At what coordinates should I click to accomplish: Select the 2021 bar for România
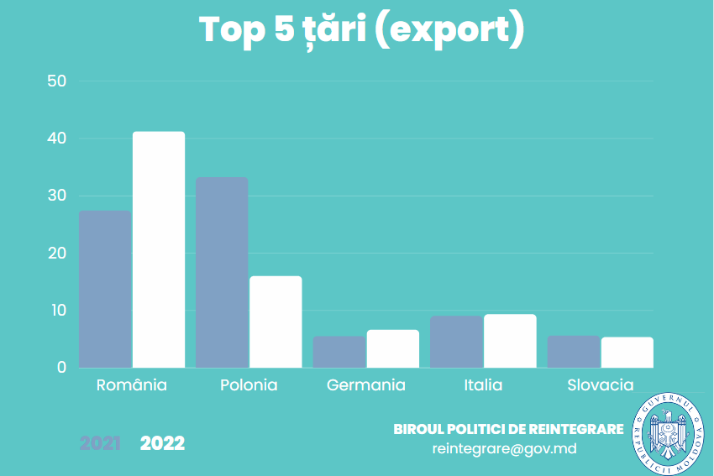tap(105, 289)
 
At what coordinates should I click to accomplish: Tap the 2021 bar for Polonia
tap(222, 272)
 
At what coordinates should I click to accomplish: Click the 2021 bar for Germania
tap(339, 352)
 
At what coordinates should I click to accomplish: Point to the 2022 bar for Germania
tap(393, 348)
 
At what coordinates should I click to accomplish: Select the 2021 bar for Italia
tap(456, 342)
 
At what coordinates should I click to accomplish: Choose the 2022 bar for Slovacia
tap(627, 353)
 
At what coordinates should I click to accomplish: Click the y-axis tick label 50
tap(57, 81)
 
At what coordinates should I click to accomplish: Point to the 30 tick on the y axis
tap(57, 196)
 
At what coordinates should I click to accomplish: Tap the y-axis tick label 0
tap(61, 368)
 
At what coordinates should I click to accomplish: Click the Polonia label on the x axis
tap(249, 385)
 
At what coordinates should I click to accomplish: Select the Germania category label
tap(366, 385)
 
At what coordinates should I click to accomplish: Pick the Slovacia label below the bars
tap(601, 385)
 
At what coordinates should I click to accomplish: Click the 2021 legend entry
tap(100, 443)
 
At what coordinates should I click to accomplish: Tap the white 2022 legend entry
tap(162, 443)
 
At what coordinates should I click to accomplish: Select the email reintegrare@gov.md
tap(504, 448)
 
